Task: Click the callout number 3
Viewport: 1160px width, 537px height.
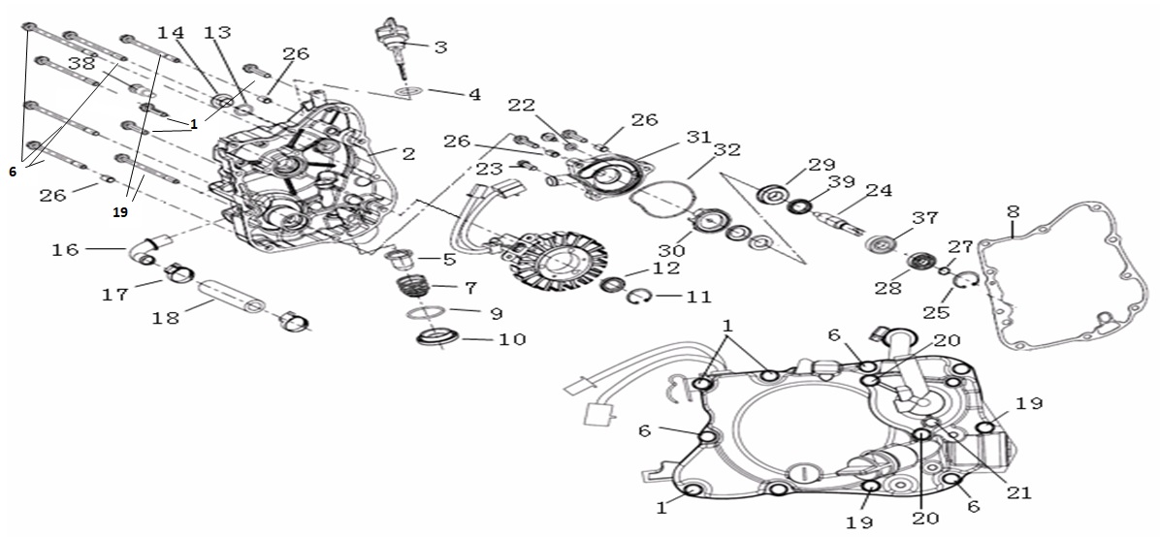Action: click(x=439, y=47)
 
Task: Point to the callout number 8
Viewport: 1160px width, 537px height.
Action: click(x=1013, y=210)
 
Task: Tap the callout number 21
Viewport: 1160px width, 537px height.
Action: click(x=1017, y=492)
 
